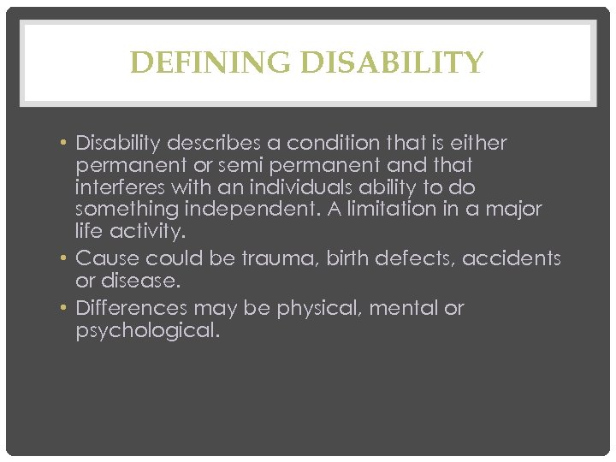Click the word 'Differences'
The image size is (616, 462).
pyautogui.click(x=132, y=308)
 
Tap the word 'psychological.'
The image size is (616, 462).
pyautogui.click(x=147, y=330)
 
